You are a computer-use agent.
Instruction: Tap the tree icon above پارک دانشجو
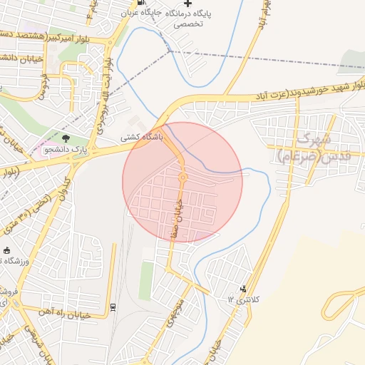pos(66,138)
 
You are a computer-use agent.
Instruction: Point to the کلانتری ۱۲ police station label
pos(240,300)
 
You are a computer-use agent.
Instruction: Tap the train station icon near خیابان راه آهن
pos(113,307)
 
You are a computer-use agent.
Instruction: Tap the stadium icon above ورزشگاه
pos(7,251)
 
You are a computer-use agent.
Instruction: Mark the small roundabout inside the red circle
pos(182,176)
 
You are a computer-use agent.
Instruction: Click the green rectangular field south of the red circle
pos(146,280)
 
